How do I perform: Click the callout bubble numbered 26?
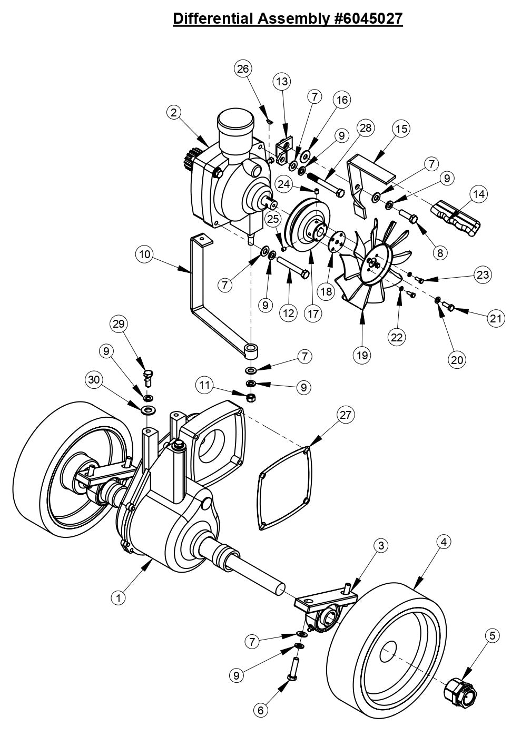(x=244, y=69)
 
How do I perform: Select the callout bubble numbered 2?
(x=174, y=112)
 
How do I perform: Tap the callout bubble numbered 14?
(x=478, y=194)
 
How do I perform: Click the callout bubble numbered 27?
(x=345, y=415)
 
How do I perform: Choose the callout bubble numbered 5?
(x=491, y=636)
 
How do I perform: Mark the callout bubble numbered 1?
(x=119, y=598)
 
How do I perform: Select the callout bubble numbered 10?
(x=143, y=254)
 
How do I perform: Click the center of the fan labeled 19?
(x=375, y=262)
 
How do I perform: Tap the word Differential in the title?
(x=213, y=18)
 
